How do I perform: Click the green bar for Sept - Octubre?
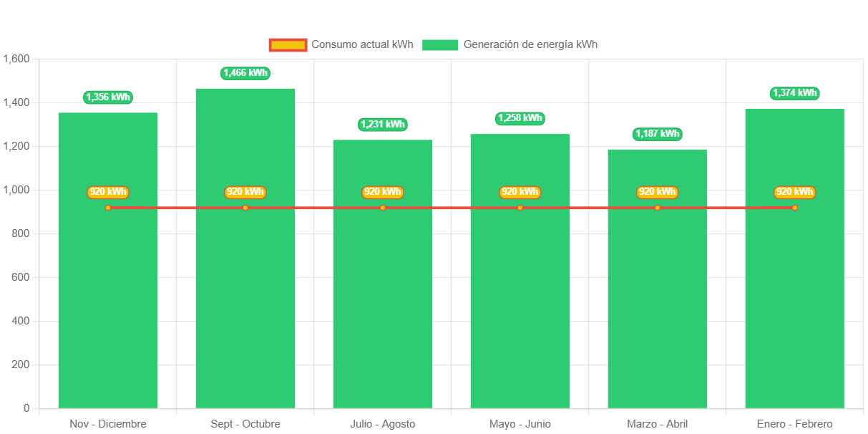point(245,301)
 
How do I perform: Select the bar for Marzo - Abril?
point(657,308)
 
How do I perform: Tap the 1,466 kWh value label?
point(245,72)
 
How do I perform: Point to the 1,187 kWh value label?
point(658,134)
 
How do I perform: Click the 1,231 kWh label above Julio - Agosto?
point(383,124)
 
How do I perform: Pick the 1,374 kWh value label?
point(795,93)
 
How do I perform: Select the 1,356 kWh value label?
point(108,97)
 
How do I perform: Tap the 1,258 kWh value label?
point(520,118)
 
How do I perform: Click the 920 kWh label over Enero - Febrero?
point(795,192)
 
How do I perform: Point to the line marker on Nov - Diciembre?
point(108,208)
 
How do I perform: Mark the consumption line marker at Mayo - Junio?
point(520,208)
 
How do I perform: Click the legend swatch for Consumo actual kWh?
point(288,44)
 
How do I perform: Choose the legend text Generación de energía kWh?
point(530,44)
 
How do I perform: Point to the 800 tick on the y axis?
point(20,233)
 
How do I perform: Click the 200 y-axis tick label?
point(20,365)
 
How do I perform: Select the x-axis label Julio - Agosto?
point(383,424)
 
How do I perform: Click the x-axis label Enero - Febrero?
point(795,424)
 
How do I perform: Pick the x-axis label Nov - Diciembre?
point(108,424)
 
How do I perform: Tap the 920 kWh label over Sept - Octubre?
point(245,192)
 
